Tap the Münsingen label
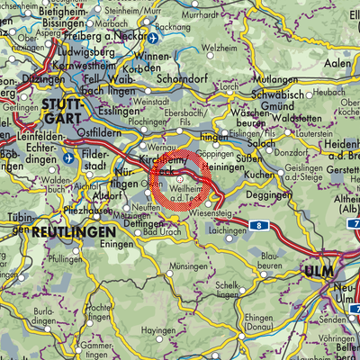coord(190,267)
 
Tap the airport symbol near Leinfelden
coord(70,157)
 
